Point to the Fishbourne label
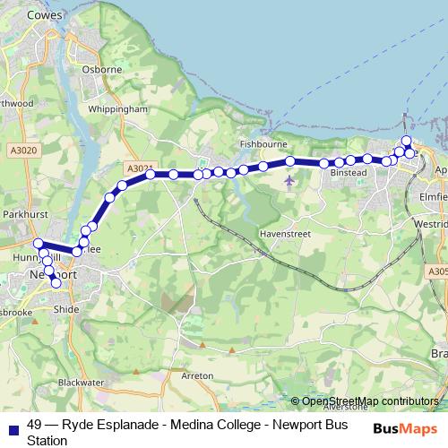pyautogui.click(x=262, y=143)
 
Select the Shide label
pyautogui.click(x=66, y=308)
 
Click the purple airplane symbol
pyautogui.click(x=289, y=181)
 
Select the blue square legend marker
pyautogui.click(x=12, y=426)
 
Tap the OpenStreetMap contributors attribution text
pyautogui.click(x=370, y=401)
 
